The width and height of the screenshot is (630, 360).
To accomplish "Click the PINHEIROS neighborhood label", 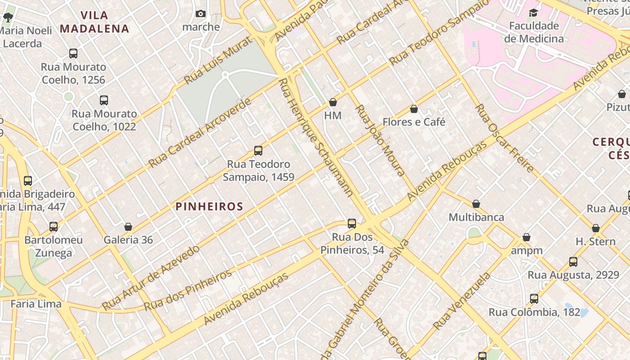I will pos(209,207).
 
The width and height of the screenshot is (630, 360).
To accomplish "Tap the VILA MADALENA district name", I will pos(94,22).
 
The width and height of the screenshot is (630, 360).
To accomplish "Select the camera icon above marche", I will pos(201,14).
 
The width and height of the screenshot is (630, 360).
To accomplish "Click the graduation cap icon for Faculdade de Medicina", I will pos(533,13).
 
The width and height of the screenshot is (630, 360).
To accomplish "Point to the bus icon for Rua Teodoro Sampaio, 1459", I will pos(258,151).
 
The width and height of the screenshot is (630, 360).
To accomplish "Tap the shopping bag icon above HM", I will pos(333,103).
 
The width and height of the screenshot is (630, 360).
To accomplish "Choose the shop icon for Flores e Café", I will pos(414,109).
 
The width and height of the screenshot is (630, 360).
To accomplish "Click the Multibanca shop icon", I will pos(476,204).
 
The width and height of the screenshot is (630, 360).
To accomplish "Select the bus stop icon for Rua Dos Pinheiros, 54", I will pos(352,224).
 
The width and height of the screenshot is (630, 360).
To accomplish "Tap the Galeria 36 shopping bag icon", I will pos(128,227).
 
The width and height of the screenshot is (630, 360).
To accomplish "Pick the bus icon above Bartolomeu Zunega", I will pos(54,227).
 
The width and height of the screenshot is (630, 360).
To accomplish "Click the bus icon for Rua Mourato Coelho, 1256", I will pos(73,54).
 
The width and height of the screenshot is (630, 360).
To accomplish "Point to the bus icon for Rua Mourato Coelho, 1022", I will pos(104,100).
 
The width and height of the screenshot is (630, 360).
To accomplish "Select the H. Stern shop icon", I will pos(596,229).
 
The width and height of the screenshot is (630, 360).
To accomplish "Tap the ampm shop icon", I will pos(526,237).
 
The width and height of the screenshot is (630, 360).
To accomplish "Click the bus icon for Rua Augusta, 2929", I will pos(573,262).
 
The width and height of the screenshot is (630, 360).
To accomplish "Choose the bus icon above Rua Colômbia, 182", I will pos(534,299).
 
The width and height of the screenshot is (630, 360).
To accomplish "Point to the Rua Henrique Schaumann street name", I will pos(315,137).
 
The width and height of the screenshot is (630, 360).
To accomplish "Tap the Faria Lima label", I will pos(36,304).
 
